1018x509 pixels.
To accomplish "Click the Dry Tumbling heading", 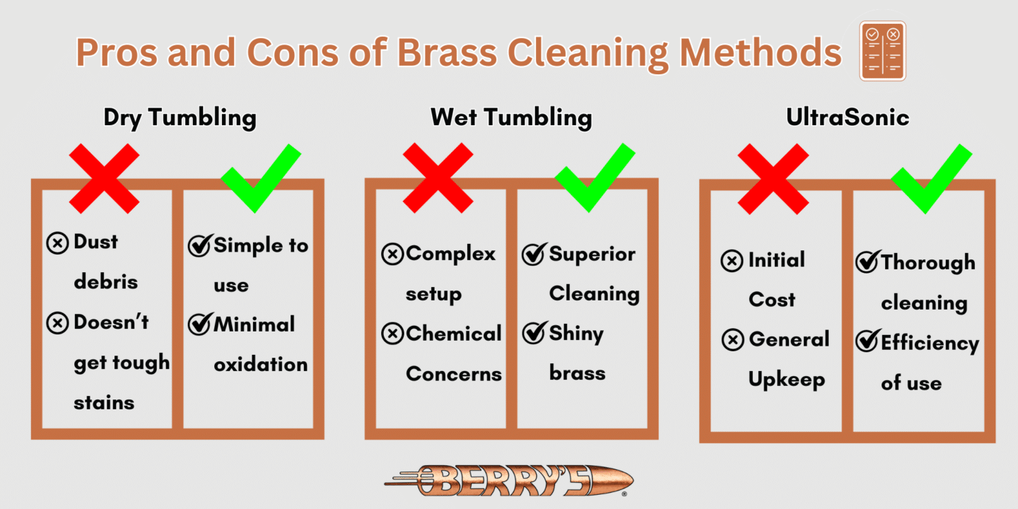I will [x=180, y=117].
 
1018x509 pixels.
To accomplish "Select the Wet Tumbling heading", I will [x=511, y=117].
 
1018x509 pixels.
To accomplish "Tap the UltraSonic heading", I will [x=848, y=117].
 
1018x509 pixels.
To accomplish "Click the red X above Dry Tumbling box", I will [x=105, y=178].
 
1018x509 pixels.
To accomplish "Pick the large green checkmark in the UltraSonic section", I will [x=931, y=178].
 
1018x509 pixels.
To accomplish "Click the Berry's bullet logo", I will [x=509, y=481].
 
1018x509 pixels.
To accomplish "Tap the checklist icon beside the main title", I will [x=882, y=51].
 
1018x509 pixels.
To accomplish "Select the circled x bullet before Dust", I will [x=57, y=243].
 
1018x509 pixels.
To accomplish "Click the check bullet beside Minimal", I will [x=199, y=324].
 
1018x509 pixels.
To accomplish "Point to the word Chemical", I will [x=453, y=334].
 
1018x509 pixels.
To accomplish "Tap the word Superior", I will [x=592, y=255].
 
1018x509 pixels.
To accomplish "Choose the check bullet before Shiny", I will [x=534, y=334].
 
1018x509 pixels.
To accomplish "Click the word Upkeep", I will [x=786, y=380].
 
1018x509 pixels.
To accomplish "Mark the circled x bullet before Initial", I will [x=732, y=261].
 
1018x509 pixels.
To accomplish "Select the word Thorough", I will [x=928, y=263].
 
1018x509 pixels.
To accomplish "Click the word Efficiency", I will [x=930, y=344].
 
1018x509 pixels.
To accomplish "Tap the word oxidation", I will [x=260, y=365].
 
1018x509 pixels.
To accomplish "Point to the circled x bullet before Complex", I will [x=392, y=254].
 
